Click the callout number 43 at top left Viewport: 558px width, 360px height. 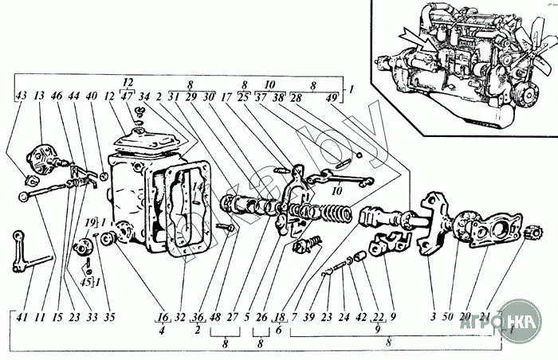pos(21,97)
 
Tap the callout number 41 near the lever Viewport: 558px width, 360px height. pos(21,317)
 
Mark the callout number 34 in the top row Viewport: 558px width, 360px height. pos(144,97)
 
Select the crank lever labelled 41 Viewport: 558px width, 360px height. pos(32,255)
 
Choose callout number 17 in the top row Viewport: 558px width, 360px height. pos(227,97)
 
